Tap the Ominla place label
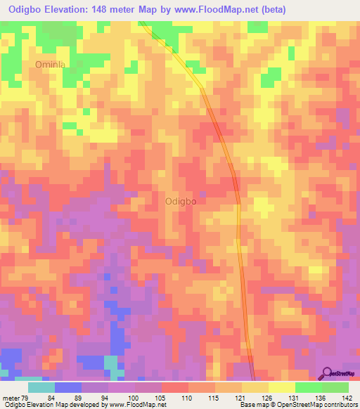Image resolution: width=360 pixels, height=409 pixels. click(x=50, y=65)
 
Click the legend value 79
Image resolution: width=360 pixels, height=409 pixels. click(x=27, y=397)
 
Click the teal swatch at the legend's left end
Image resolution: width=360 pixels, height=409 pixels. click(x=41, y=387)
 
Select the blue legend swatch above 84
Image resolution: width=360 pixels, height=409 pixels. click(x=68, y=387)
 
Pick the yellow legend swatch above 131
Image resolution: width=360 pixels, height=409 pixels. click(x=281, y=387)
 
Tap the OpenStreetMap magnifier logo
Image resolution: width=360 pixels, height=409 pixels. click(x=328, y=372)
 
